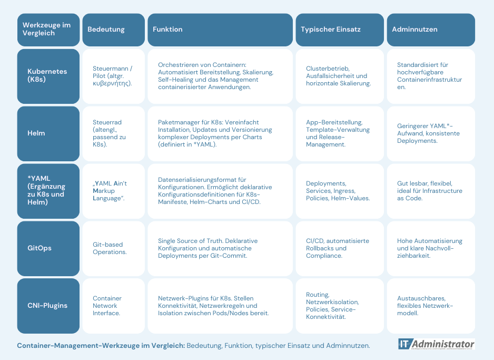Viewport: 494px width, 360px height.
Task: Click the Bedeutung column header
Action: (x=113, y=30)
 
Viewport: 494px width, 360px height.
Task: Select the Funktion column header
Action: (x=220, y=30)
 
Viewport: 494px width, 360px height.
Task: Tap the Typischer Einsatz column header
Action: (x=340, y=30)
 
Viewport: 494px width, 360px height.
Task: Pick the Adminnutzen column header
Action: (x=431, y=30)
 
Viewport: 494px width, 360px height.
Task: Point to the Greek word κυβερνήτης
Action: (x=112, y=83)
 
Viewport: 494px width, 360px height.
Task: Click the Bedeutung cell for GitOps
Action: (x=113, y=248)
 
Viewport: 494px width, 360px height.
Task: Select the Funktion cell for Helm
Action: (x=220, y=134)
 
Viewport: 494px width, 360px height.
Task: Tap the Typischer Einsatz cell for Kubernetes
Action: (x=340, y=76)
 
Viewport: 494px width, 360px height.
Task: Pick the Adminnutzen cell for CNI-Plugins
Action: (x=431, y=306)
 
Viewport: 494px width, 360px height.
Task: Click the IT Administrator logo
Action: (x=437, y=344)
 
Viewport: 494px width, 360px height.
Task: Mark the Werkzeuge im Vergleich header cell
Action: (x=48, y=30)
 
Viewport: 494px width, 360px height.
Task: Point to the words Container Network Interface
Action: (x=107, y=306)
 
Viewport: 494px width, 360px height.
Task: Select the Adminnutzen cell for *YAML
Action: (x=431, y=191)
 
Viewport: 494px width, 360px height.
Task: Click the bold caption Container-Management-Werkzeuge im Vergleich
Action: (x=101, y=345)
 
